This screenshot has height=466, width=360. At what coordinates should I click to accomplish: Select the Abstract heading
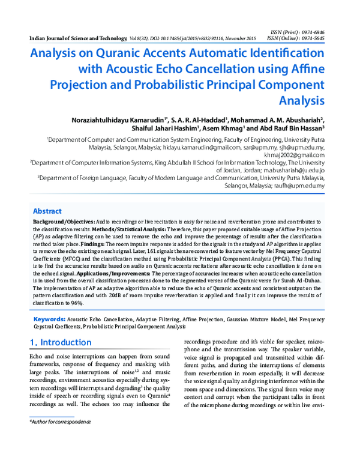pos(47,211)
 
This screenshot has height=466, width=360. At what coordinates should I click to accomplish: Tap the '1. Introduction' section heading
pos(61,342)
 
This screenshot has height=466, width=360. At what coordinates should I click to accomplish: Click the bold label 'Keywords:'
pos(49,319)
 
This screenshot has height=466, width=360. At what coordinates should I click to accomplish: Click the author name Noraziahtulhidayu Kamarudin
pos(119,120)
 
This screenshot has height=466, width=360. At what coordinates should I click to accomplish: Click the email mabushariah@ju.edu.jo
pos(290,171)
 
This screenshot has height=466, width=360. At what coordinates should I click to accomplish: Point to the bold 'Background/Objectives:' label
pos(61,222)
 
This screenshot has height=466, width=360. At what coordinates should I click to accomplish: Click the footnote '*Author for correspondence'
pos(60,423)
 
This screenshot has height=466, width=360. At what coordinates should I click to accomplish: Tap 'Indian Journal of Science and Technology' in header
pos(77,37)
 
